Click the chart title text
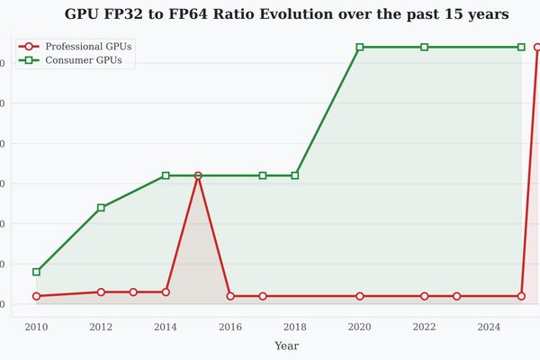[x=286, y=14]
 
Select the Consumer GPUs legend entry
[x=84, y=60]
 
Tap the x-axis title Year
[x=286, y=346]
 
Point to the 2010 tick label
[x=36, y=327]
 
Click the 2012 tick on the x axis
[x=101, y=327]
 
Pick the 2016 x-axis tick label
[x=230, y=327]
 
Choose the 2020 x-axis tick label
[x=360, y=327]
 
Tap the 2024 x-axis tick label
[x=489, y=327]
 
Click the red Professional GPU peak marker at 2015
[x=198, y=175]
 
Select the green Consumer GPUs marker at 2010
[x=36, y=272]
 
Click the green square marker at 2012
[x=101, y=208]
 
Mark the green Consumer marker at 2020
[x=360, y=47]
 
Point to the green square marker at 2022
[x=425, y=47]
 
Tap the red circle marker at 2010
[x=36, y=296]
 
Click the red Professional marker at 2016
[x=230, y=296]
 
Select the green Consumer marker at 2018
[x=295, y=175]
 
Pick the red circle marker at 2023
[x=457, y=296]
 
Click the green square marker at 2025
[x=521, y=47]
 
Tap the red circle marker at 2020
[x=360, y=296]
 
